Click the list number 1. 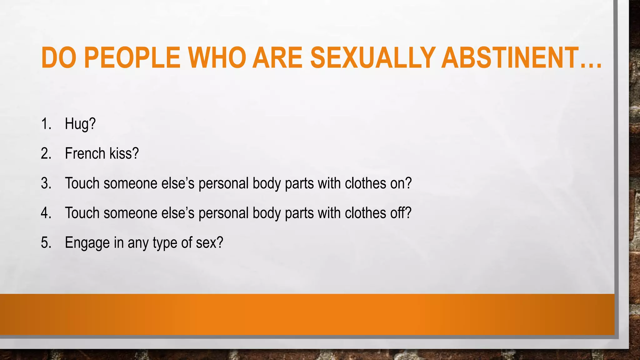[46, 124]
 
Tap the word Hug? [80, 124]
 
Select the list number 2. [46, 153]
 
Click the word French [85, 153]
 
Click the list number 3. [46, 183]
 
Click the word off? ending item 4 [401, 213]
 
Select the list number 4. [46, 213]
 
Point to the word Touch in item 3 [82, 183]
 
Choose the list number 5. [46, 242]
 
